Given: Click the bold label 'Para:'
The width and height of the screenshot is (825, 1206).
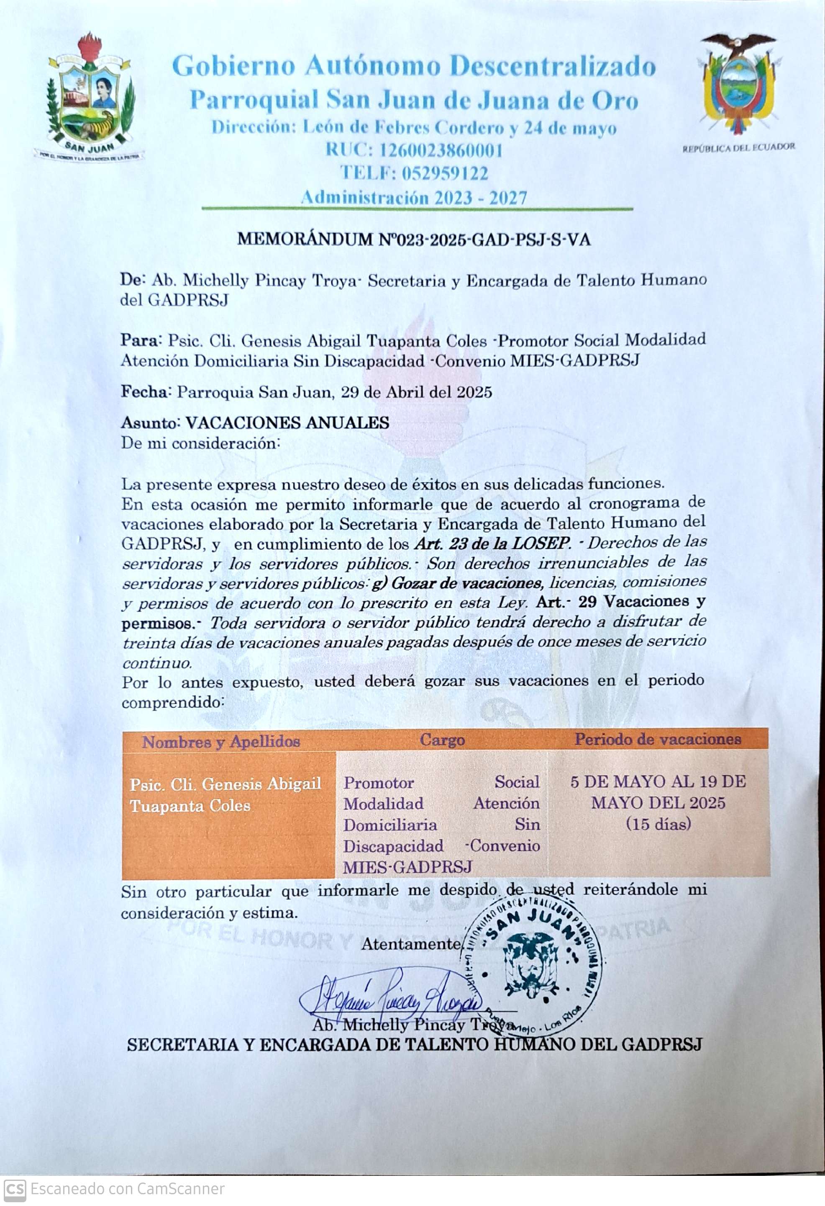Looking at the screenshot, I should click(x=141, y=340).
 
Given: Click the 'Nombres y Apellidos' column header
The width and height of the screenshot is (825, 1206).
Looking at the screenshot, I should click(x=221, y=742).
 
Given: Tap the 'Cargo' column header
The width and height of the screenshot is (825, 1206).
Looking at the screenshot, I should click(x=442, y=740).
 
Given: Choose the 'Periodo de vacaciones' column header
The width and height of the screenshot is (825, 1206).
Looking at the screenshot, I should click(x=658, y=740).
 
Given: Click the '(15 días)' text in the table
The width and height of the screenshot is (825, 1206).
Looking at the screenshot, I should click(x=658, y=824).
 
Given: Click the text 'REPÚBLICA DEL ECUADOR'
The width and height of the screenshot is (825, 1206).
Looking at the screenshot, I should click(x=738, y=147).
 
